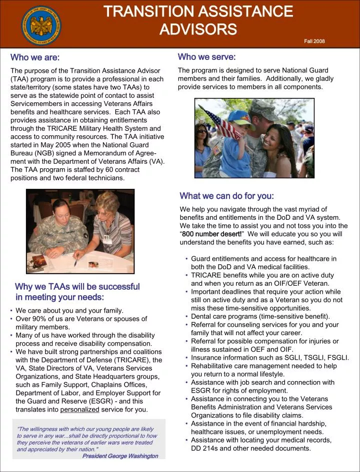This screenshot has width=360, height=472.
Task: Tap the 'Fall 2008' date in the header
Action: (314, 41)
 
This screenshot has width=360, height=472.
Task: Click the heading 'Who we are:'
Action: (35, 57)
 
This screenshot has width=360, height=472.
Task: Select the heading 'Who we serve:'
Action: (206, 57)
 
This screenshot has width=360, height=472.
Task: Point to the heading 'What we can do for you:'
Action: (226, 196)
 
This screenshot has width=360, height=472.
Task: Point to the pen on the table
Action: (75, 262)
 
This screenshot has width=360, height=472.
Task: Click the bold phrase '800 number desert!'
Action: (211, 234)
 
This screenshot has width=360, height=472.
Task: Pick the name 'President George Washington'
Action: (120, 456)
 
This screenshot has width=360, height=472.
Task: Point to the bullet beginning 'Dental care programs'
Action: (260, 316)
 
